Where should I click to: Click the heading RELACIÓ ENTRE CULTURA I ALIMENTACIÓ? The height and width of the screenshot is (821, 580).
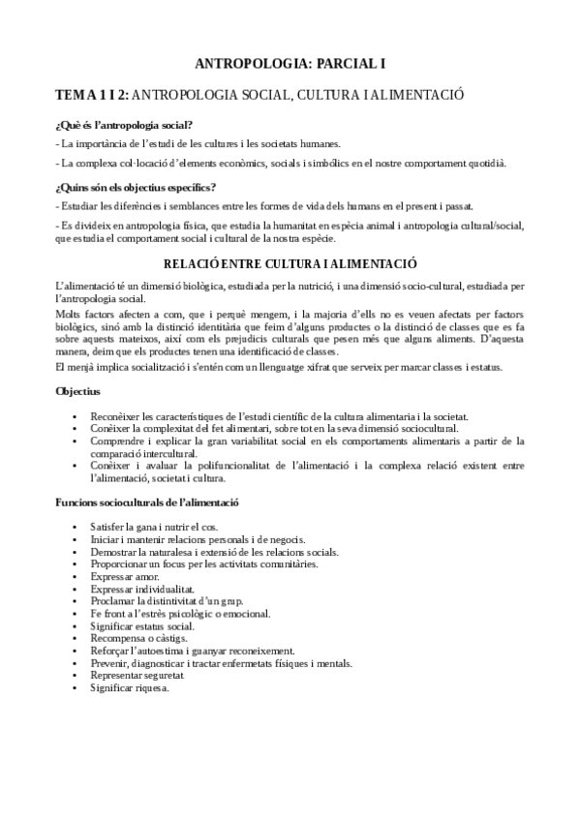[x=290, y=262]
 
